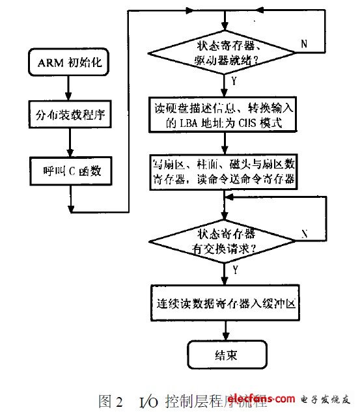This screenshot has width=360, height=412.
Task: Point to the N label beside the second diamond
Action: click(x=304, y=232)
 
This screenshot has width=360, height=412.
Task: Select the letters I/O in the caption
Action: click(x=147, y=398)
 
